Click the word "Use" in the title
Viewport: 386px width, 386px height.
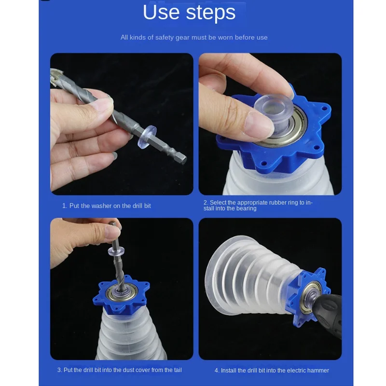161,13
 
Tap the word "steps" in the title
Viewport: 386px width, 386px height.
211,14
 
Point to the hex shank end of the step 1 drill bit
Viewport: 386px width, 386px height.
182,159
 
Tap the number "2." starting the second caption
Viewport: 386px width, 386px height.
206,203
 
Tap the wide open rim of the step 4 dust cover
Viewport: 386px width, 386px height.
213,273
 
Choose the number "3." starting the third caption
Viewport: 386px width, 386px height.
60,370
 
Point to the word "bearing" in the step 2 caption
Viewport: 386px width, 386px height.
247,208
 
